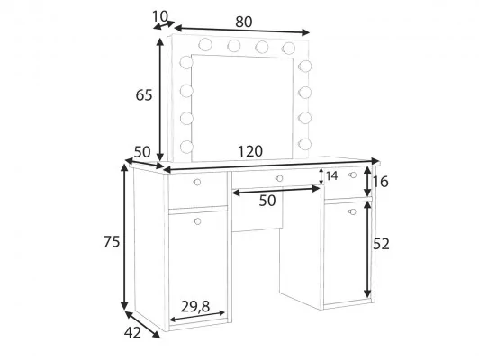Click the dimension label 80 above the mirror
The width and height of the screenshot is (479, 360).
tap(244, 22)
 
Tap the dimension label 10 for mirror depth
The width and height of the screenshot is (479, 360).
tap(160, 16)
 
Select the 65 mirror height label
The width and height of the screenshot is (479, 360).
tap(143, 95)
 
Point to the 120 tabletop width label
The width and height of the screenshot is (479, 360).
tap(250, 151)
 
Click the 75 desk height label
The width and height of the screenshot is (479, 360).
tap(112, 241)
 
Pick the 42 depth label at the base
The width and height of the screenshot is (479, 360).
tap(132, 332)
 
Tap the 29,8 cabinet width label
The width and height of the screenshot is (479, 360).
tap(195, 307)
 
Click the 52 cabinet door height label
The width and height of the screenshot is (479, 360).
tap(381, 244)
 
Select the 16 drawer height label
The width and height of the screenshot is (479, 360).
tap(380, 182)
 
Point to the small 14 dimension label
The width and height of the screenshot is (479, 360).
tap(331, 176)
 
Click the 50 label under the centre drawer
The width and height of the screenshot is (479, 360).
tap(267, 201)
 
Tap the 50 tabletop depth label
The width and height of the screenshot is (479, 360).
tap(142, 152)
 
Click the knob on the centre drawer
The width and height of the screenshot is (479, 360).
tap(279, 178)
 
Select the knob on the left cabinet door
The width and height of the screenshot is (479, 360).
tap(197, 221)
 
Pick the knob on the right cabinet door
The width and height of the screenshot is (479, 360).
tap(353, 211)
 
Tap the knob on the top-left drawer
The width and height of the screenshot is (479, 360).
tap(197, 183)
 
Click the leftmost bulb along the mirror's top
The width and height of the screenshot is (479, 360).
tap(205, 45)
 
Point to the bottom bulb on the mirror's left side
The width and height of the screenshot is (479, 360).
tap(186, 147)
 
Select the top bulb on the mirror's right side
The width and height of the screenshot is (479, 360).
tap(305, 66)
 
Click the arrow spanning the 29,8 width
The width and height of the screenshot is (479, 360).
tap(197, 316)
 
